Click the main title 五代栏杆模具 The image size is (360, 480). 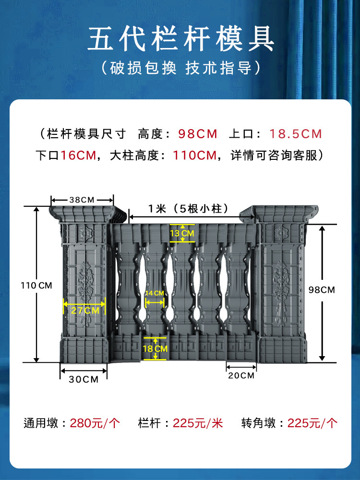point(180,40)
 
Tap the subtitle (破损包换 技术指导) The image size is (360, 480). point(180,68)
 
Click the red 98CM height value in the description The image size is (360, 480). point(198,134)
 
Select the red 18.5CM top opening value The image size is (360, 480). point(296,134)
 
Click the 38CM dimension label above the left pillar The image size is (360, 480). point(82,199)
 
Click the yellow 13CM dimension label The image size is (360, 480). point(182,233)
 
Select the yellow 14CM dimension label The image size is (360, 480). point(155,293)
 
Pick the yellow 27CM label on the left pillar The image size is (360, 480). point(84,310)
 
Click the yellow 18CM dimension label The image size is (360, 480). point(155,349)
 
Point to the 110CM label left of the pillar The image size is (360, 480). point(36,285)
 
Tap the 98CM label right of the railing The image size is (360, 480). point(322,289)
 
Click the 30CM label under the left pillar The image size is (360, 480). point(84,379)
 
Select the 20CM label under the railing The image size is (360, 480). point(241,375)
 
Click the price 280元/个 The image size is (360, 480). point(95,423)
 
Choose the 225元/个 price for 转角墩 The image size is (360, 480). point(312,423)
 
